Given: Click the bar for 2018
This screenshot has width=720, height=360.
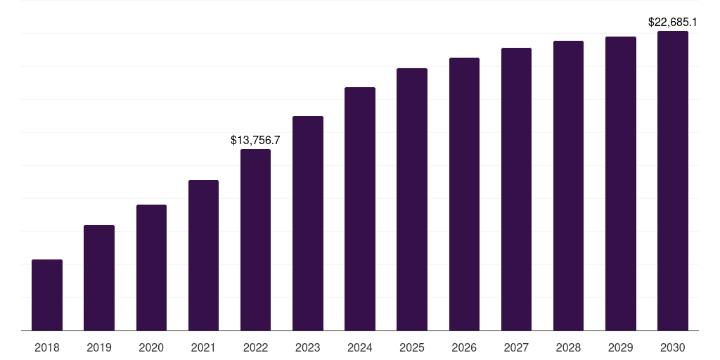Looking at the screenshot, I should [x=47, y=295].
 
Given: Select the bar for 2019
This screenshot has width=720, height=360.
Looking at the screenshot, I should [x=99, y=278].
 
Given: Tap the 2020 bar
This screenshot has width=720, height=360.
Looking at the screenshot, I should [x=151, y=268].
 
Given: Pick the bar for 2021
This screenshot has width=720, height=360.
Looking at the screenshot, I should [x=203, y=255].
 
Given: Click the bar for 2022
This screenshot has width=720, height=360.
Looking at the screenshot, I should [x=255, y=240].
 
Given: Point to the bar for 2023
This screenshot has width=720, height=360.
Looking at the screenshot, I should [x=308, y=224].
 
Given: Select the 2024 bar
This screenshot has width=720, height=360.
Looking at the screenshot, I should [x=360, y=209].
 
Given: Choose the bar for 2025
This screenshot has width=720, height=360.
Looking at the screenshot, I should [x=412, y=200].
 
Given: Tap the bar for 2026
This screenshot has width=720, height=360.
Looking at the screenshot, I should [x=464, y=194].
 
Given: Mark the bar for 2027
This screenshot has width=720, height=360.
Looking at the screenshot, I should [x=516, y=189].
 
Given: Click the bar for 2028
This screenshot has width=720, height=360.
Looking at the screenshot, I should [x=568, y=186].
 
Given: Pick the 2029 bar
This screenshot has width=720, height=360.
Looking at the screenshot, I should [x=621, y=184].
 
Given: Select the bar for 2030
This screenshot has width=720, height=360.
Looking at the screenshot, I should [x=673, y=181].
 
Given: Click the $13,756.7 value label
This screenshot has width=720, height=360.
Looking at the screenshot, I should [x=255, y=141].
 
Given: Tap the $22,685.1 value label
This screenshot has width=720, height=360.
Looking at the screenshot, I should [x=673, y=22].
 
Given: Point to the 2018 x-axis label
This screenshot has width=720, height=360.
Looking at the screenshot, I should [x=47, y=347].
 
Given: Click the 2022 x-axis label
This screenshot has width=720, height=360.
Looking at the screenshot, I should [x=255, y=347].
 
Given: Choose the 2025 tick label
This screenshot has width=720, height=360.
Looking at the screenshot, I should [x=412, y=347].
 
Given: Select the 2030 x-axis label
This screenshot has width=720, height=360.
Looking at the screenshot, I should [x=673, y=347].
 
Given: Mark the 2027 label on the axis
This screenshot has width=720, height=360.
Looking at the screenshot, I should [x=516, y=347].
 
